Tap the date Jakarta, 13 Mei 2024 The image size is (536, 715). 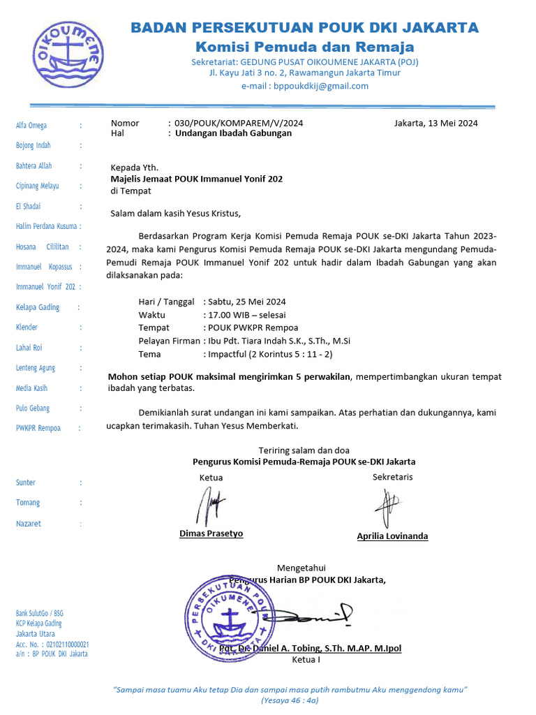pyautogui.click(x=435, y=123)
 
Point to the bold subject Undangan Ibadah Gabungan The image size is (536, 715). pyautogui.click(x=233, y=133)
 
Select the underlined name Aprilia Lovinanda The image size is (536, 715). pyautogui.click(x=392, y=536)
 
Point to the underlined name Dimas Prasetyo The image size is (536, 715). pyautogui.click(x=211, y=533)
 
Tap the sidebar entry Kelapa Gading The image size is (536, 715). pyautogui.click(x=38, y=307)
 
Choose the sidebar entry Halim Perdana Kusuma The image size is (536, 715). pyautogui.click(x=46, y=226)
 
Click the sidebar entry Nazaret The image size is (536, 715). pyautogui.click(x=29, y=523)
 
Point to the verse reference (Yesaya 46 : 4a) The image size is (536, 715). pyautogui.click(x=290, y=700)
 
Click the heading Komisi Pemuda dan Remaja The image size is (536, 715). pyautogui.click(x=304, y=47)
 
